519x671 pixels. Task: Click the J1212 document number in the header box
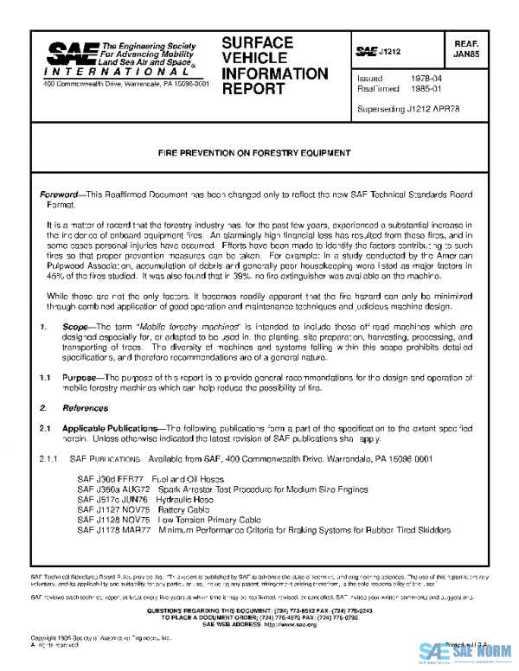pos(390,52)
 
